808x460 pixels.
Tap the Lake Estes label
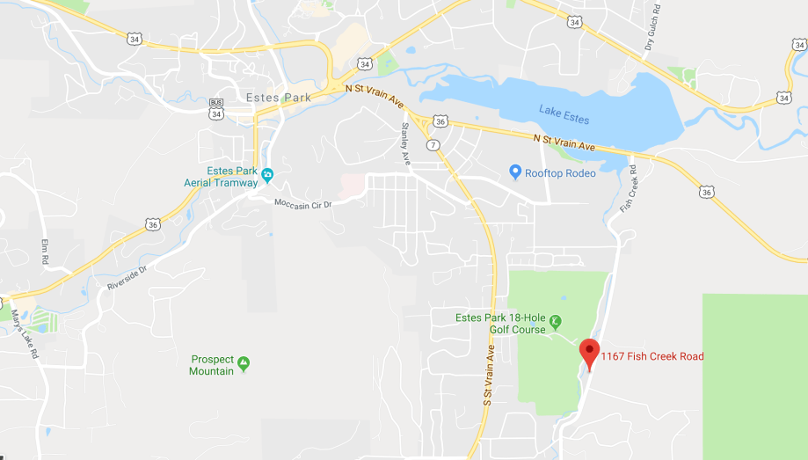[x=564, y=114]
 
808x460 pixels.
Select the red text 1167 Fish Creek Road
[x=652, y=356]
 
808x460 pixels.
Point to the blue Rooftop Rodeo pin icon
[x=515, y=172]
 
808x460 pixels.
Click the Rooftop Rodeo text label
[x=560, y=173]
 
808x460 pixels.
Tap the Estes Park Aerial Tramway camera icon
[x=267, y=172]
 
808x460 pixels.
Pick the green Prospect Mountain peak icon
[x=244, y=362]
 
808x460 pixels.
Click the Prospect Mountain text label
[x=212, y=365]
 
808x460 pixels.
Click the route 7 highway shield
[x=432, y=143]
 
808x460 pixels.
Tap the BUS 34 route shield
[x=216, y=109]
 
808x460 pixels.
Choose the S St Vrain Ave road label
[x=489, y=374]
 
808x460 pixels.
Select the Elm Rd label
[x=43, y=252]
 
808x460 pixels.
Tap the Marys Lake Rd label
[x=25, y=334]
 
